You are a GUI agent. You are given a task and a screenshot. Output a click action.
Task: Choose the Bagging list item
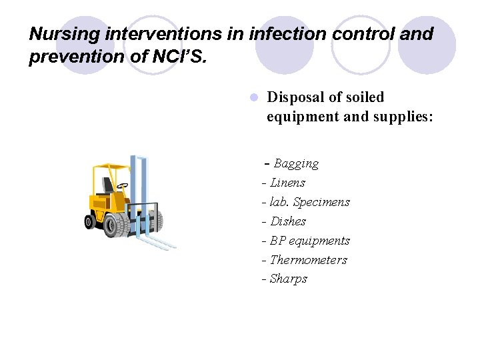pyautogui.click(x=296, y=163)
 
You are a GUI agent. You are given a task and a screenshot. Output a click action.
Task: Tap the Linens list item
pyautogui.click(x=287, y=183)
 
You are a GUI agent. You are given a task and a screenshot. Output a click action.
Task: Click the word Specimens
pyautogui.click(x=321, y=202)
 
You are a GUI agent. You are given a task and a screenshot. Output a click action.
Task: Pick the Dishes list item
pyautogui.click(x=288, y=221)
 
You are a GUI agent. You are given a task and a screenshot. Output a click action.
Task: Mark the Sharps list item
pyautogui.click(x=288, y=279)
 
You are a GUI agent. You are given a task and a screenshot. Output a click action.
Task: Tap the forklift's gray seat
pyautogui.click(x=107, y=185)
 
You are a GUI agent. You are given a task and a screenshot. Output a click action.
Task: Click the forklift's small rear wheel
pyautogui.click(x=89, y=223)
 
